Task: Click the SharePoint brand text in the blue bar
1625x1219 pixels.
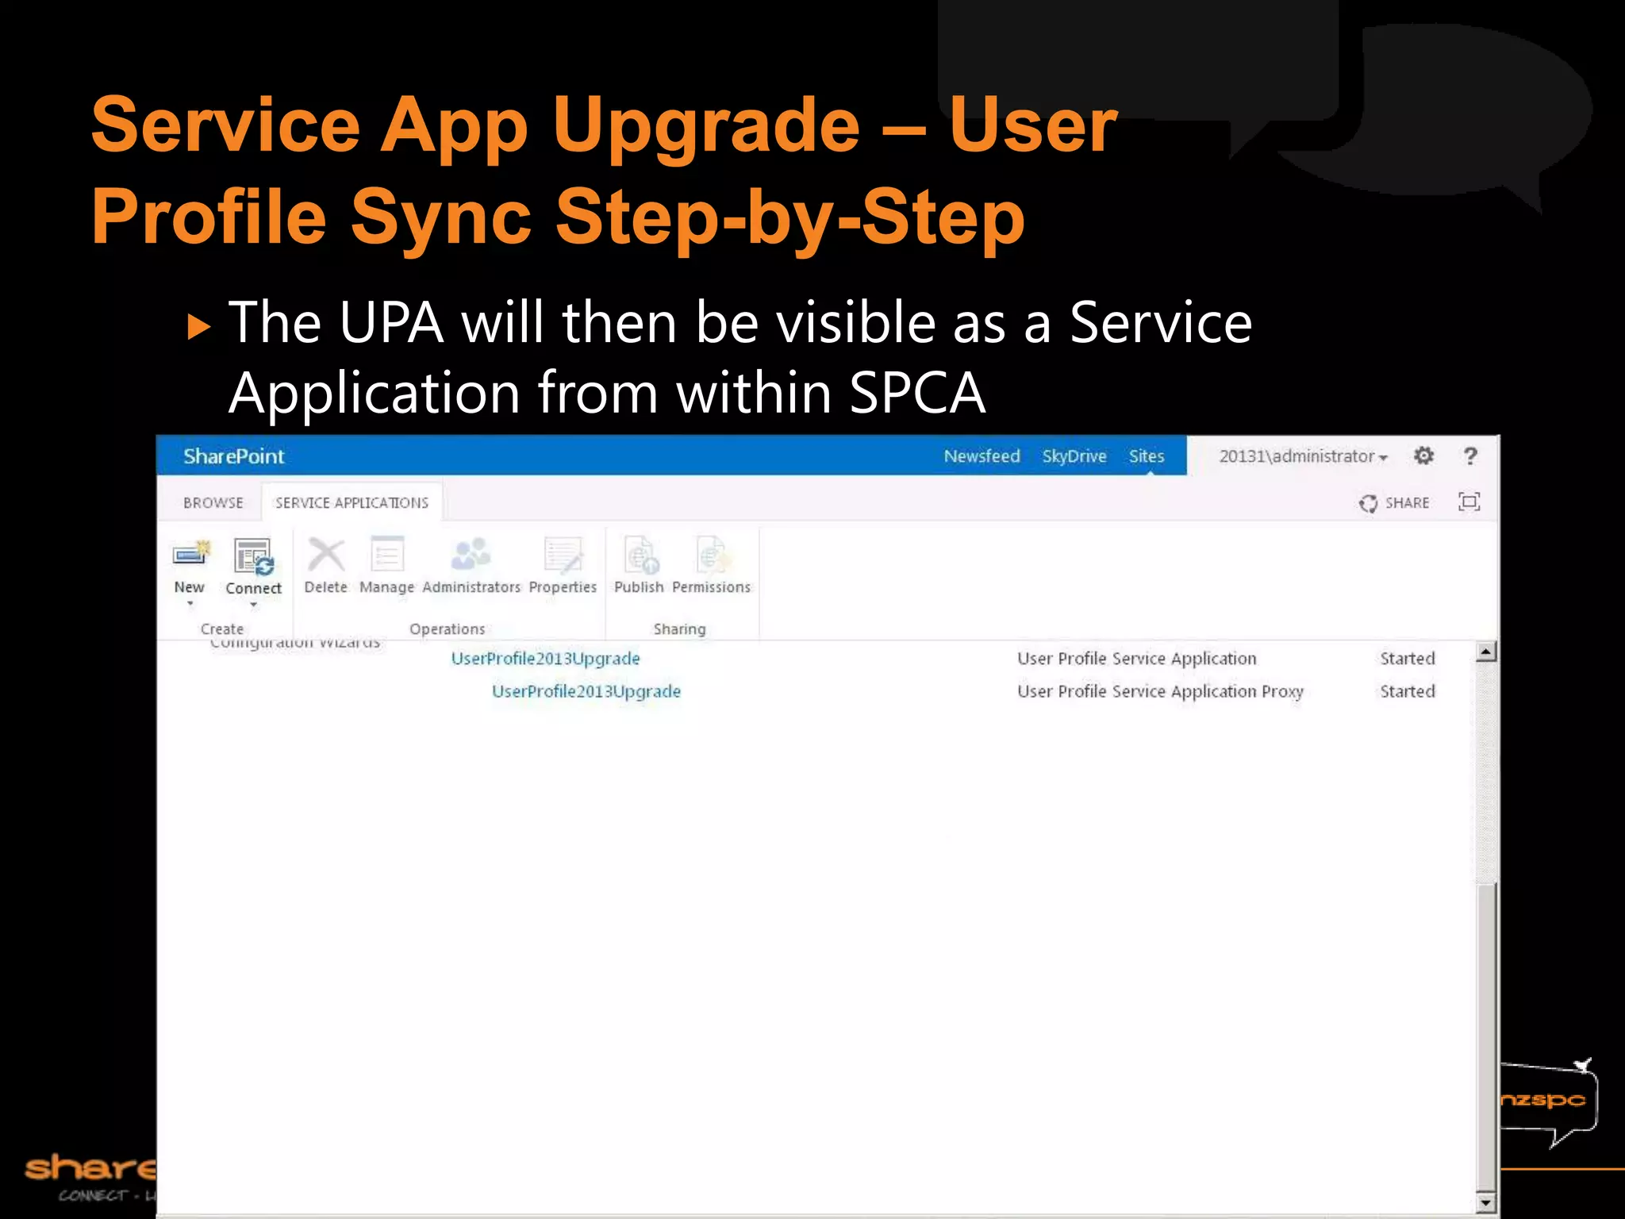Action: tap(233, 456)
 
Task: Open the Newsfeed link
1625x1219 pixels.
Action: tap(982, 456)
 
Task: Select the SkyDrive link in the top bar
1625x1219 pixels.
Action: tap(1074, 456)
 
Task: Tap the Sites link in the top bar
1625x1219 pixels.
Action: tap(1146, 456)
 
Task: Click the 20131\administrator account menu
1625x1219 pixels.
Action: tap(1302, 456)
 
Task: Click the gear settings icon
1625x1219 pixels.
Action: tap(1423, 456)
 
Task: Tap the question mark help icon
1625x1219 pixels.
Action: tap(1470, 456)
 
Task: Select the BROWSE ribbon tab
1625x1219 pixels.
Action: tap(213, 503)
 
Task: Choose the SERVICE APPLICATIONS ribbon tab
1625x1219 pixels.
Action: tap(352, 503)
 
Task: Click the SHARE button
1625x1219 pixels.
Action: tap(1395, 503)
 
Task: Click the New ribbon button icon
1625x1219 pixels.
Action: tap(190, 555)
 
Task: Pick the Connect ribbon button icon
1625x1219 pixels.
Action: tap(253, 556)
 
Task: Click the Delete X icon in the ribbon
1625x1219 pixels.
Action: tap(325, 555)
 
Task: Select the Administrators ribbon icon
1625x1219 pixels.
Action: tap(471, 555)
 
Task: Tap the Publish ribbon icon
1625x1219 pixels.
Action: tap(640, 555)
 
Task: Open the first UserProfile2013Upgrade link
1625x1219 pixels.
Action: tap(545, 659)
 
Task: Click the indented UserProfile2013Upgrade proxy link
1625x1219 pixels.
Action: tap(586, 691)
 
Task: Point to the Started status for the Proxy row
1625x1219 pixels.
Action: tap(1407, 691)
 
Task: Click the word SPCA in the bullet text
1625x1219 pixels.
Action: tap(916, 392)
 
